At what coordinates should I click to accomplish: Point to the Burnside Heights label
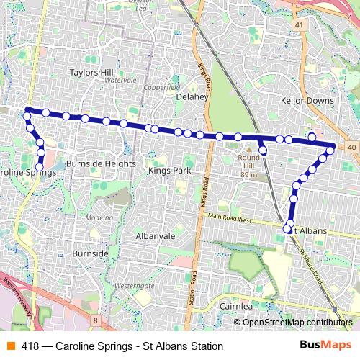[100, 164]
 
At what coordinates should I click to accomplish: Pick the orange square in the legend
[10, 346]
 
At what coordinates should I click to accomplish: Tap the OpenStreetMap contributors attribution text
[297, 323]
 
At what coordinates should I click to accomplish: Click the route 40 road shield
[351, 147]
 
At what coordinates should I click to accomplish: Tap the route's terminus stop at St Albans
[287, 230]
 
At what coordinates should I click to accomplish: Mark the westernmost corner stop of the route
[27, 110]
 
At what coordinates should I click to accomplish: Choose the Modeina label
[99, 216]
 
